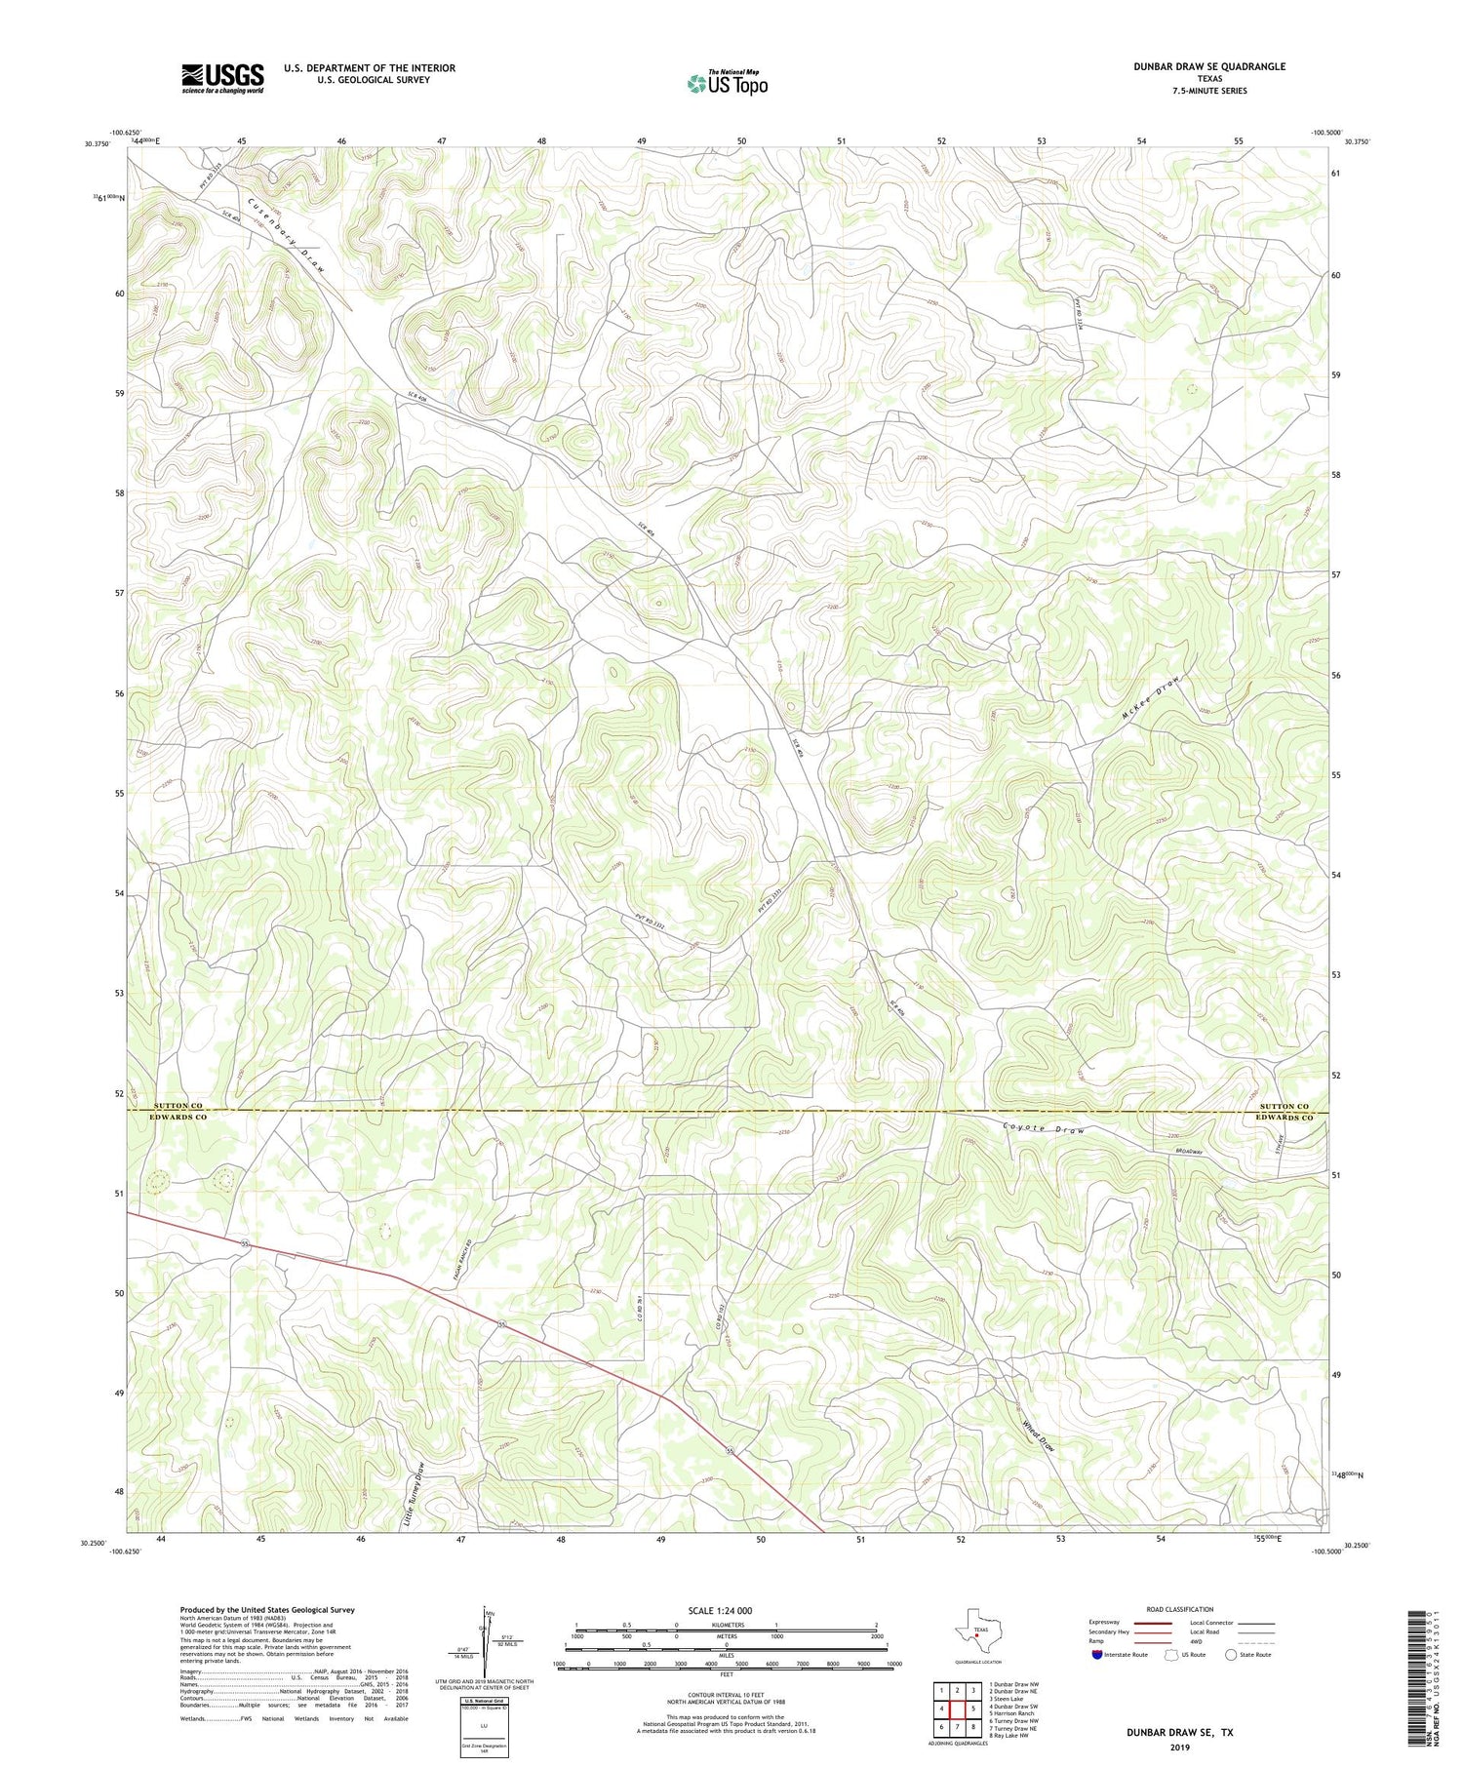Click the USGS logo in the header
coord(221,78)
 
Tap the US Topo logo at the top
coord(727,83)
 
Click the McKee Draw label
coord(1152,698)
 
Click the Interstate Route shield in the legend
coord(1096,1655)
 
